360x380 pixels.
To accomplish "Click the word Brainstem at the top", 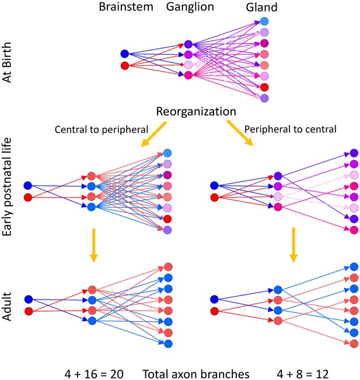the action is click(126, 6).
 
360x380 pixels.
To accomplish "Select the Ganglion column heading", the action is click(190, 7).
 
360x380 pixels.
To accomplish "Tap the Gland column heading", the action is click(261, 7).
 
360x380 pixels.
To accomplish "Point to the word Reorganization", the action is click(196, 112).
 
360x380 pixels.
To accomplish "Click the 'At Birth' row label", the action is click(7, 62).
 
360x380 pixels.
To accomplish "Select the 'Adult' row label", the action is click(7, 307).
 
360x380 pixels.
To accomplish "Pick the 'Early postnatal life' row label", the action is click(7, 187).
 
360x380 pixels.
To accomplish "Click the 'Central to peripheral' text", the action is click(102, 129).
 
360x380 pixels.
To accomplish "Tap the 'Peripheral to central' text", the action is click(291, 129).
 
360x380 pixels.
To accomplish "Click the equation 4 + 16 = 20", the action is click(94, 374).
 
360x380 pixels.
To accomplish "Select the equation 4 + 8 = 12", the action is click(303, 374).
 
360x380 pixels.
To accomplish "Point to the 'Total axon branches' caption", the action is click(196, 374).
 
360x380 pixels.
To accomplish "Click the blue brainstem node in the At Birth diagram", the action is click(125, 54).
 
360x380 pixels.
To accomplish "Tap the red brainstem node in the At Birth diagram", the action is click(125, 66).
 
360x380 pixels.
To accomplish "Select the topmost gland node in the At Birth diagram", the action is click(264, 22).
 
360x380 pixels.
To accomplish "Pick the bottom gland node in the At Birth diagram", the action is click(264, 98).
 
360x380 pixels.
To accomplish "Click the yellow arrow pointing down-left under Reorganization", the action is click(153, 134).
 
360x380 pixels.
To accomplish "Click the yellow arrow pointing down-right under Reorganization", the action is click(240, 133).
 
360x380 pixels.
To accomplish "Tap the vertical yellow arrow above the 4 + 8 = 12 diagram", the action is click(293, 245).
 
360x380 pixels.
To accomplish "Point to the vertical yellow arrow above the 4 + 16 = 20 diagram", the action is click(93, 245).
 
